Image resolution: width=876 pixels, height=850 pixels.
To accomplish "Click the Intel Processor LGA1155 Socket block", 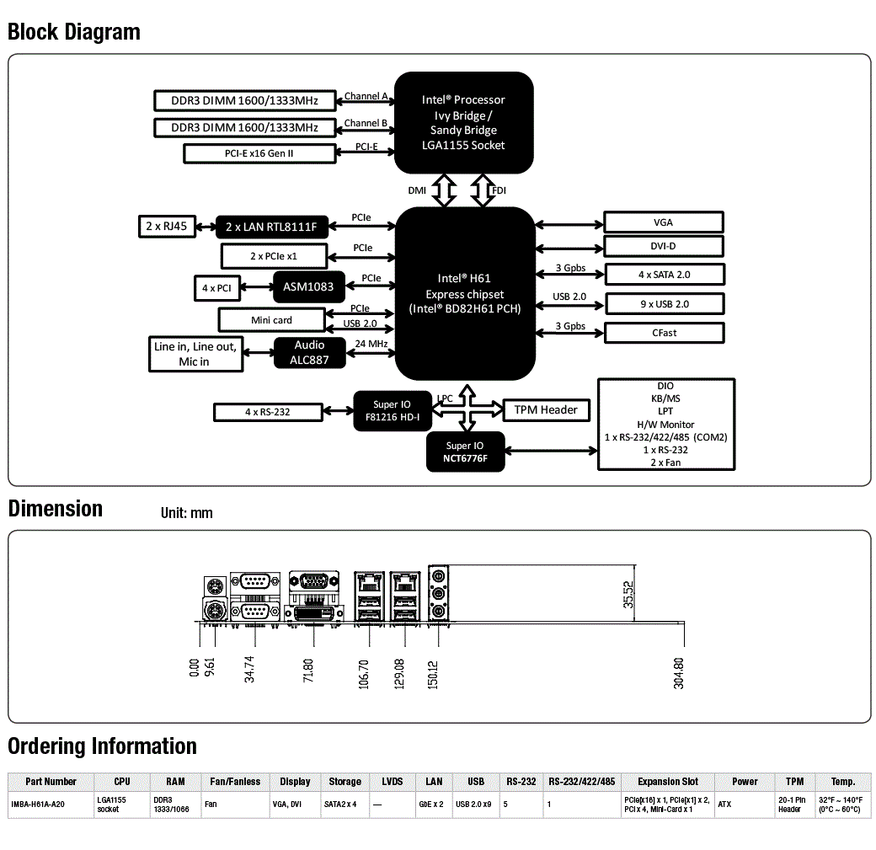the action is click(464, 122).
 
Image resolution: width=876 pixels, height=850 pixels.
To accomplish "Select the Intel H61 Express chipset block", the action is click(465, 293).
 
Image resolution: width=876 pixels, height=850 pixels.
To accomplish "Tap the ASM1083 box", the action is click(308, 286).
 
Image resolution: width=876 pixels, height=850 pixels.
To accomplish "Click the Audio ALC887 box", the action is click(309, 353).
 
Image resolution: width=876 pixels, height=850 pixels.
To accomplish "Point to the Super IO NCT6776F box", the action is click(465, 452).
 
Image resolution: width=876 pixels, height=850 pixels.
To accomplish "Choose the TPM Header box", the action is click(546, 409).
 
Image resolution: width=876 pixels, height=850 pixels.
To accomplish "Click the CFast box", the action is click(665, 333).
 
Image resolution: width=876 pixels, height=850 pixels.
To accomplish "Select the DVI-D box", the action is click(663, 246).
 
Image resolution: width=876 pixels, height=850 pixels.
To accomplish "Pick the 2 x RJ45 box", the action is click(167, 227).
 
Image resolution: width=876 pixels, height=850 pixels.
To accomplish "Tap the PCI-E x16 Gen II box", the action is click(259, 153).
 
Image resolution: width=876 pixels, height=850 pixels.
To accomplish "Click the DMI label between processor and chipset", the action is click(417, 190).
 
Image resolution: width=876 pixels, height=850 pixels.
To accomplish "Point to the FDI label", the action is click(499, 190).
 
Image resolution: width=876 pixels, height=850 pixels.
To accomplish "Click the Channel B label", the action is click(366, 123).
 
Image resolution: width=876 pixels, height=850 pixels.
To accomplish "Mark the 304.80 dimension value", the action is click(678, 673).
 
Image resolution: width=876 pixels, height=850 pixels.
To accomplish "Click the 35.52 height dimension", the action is click(628, 594).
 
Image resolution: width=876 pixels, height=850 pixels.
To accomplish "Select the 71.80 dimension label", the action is click(307, 670).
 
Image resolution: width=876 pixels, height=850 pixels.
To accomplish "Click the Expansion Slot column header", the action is click(668, 781).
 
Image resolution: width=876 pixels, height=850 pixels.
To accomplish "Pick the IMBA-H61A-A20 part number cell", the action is click(38, 805).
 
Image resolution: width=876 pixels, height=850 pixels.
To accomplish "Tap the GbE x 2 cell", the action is click(431, 805).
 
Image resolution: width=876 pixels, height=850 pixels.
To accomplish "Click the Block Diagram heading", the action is click(74, 32).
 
